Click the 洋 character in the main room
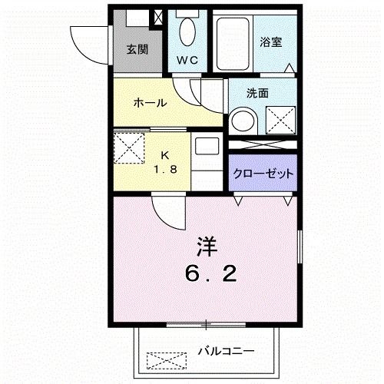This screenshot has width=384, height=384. click(205, 247)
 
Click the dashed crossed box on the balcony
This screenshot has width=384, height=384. click(167, 359)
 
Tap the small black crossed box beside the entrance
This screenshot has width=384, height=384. click(158, 17)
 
